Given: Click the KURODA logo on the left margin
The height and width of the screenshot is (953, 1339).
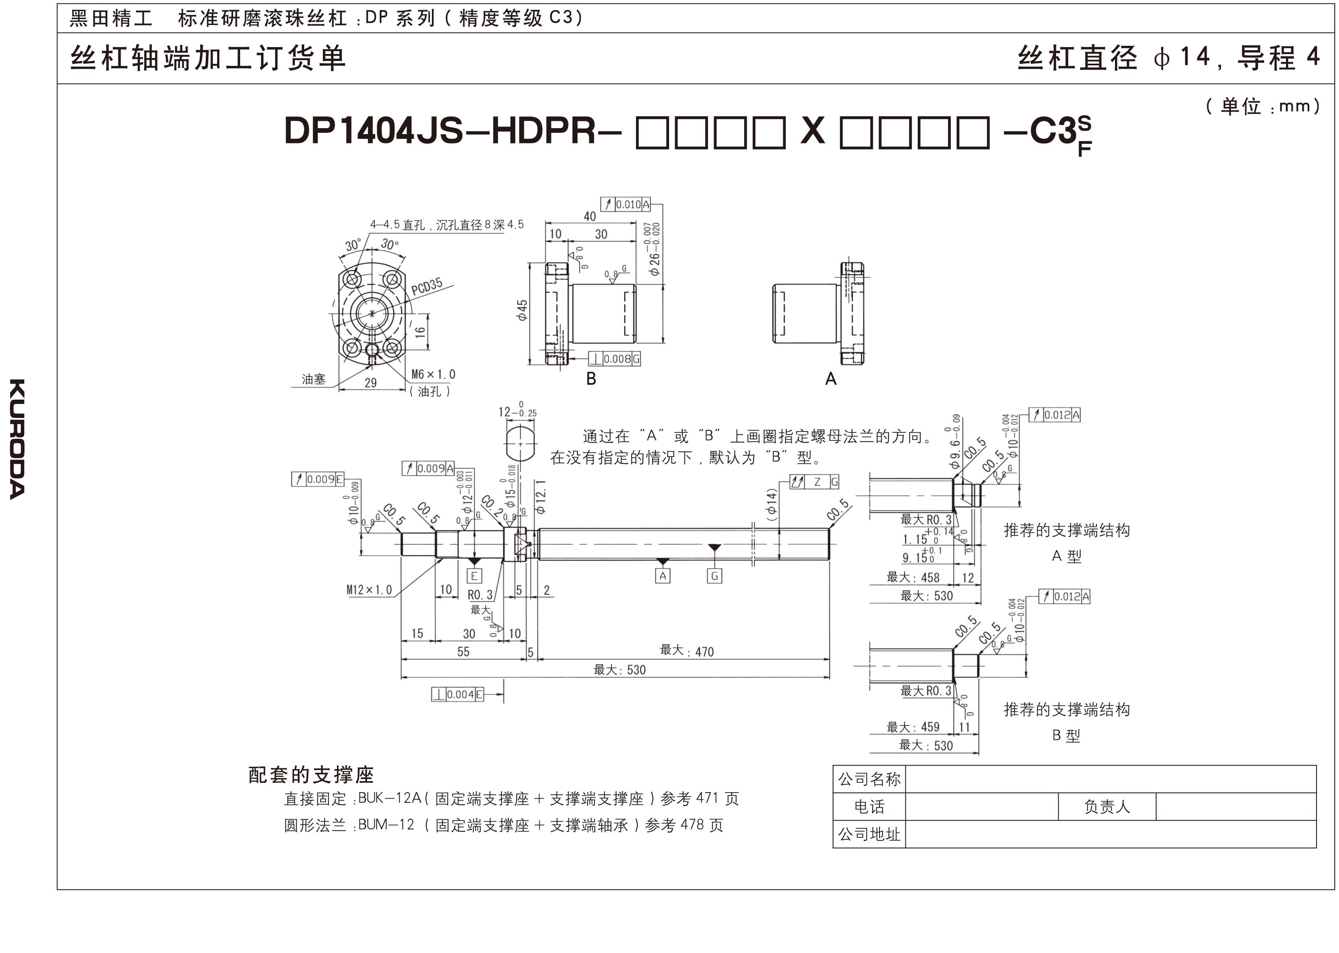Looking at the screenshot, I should (17, 439).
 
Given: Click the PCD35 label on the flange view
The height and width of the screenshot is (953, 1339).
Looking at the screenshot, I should (426, 287).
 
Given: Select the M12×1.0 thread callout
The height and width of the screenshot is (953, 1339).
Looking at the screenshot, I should (369, 590).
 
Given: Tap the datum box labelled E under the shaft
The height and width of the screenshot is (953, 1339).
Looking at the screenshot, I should (474, 576).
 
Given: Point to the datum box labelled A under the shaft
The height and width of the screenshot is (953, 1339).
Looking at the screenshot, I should (662, 576).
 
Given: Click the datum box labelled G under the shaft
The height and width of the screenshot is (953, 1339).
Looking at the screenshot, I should (714, 576).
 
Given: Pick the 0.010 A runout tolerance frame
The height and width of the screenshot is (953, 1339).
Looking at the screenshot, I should (625, 204).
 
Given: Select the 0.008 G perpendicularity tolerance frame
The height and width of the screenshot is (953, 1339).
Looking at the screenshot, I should (614, 359).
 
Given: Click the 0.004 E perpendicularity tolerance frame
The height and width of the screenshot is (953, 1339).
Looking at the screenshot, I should (458, 695).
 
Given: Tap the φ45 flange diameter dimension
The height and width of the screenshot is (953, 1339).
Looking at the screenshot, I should (521, 309).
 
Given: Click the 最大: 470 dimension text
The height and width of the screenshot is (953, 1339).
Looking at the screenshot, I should (686, 651).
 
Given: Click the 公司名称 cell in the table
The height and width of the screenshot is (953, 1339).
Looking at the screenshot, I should (869, 779).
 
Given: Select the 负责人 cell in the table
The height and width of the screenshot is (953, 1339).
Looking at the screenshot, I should (1106, 807).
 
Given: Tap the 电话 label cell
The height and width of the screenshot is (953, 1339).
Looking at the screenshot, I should (869, 807).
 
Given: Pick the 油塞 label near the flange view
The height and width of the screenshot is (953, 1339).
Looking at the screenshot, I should (314, 379).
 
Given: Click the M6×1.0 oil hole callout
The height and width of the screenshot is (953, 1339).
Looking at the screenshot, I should (433, 374).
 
